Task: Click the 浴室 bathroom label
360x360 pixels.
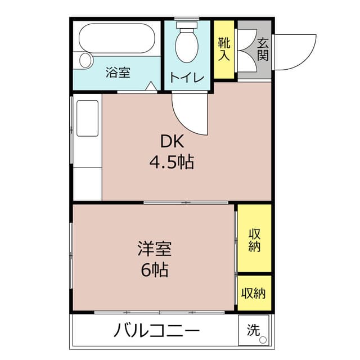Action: point(118,73)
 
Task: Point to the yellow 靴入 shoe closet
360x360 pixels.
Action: point(223,49)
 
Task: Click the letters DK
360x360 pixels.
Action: point(171,141)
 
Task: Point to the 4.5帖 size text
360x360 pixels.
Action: point(171,163)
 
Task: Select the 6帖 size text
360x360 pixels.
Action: point(155,270)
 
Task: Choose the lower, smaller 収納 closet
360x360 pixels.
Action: point(254,292)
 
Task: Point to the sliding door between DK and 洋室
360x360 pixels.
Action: point(186,202)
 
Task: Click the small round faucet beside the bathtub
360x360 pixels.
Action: point(85,58)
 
